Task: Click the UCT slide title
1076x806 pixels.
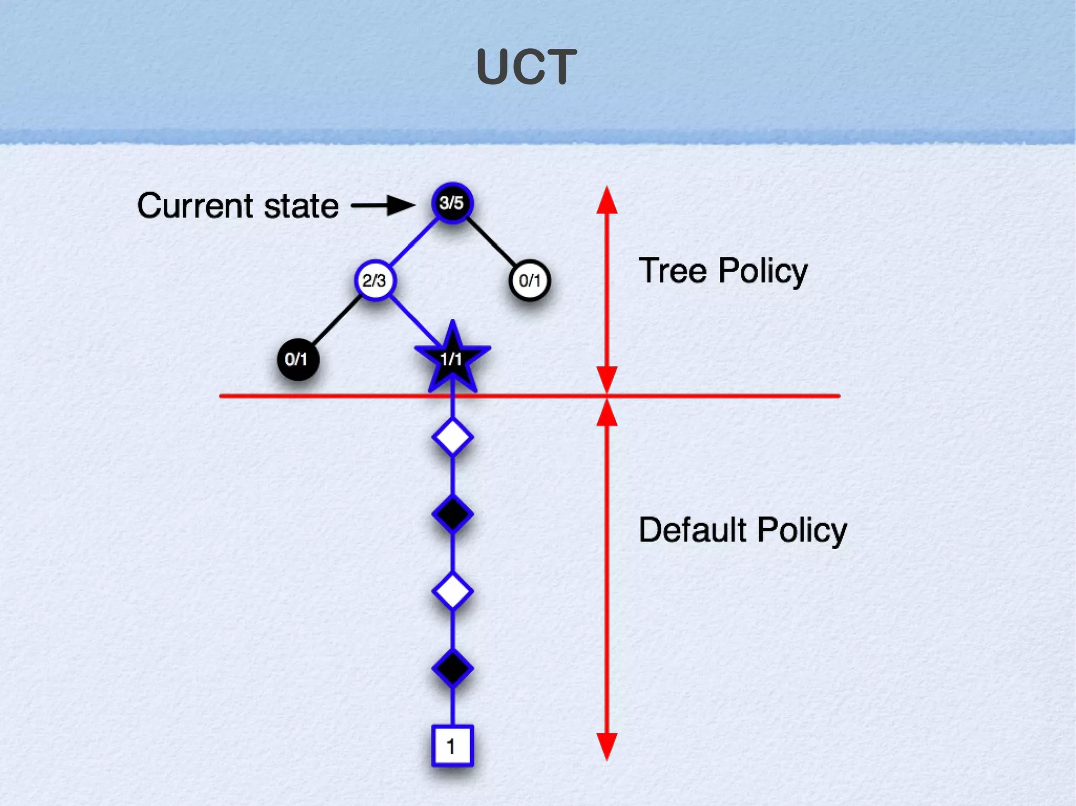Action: (x=526, y=67)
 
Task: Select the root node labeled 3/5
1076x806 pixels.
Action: (x=452, y=203)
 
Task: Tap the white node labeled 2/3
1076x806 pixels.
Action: (x=375, y=280)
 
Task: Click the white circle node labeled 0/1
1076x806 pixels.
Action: (x=530, y=280)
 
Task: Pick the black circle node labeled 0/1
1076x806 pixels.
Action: (x=297, y=359)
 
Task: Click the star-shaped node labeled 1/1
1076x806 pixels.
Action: (x=452, y=359)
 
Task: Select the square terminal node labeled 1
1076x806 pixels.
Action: (x=452, y=746)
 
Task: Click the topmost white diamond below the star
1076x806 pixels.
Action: (x=452, y=437)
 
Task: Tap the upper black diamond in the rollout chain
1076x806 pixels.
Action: (x=452, y=514)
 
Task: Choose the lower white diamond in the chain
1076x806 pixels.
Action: (x=452, y=591)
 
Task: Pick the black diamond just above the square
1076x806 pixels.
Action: (x=452, y=668)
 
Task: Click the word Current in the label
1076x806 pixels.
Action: (x=196, y=205)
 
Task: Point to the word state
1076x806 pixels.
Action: (x=301, y=206)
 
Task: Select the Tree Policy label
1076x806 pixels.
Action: (x=723, y=271)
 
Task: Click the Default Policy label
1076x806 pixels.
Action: (x=742, y=530)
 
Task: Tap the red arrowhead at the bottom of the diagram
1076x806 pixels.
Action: (x=607, y=746)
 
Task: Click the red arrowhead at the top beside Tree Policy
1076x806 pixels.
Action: (x=607, y=201)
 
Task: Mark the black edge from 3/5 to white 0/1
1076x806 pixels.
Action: (x=492, y=242)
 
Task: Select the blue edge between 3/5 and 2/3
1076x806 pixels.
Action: (x=415, y=241)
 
